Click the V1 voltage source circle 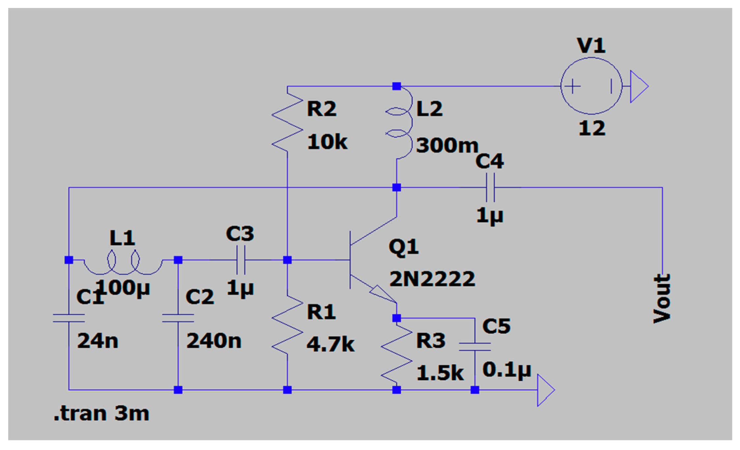(591, 86)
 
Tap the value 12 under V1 (592, 128)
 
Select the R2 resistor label (321, 109)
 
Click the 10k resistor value (327, 142)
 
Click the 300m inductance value (447, 145)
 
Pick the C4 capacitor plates (490, 187)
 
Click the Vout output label (662, 298)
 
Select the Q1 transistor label (403, 247)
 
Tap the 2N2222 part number (432, 279)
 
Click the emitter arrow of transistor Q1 (382, 293)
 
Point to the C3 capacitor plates (241, 260)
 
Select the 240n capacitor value (214, 341)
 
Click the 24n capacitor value (97, 341)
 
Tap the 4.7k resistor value (330, 345)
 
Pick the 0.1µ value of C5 (507, 370)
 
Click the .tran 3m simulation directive (101, 413)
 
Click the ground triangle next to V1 (638, 86)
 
